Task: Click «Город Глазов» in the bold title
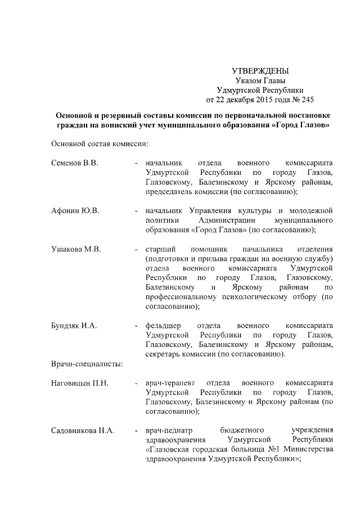coord(300,124)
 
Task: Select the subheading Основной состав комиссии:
coord(99,143)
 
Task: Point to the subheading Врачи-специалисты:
coord(87,364)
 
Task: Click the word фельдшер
coord(163,326)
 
